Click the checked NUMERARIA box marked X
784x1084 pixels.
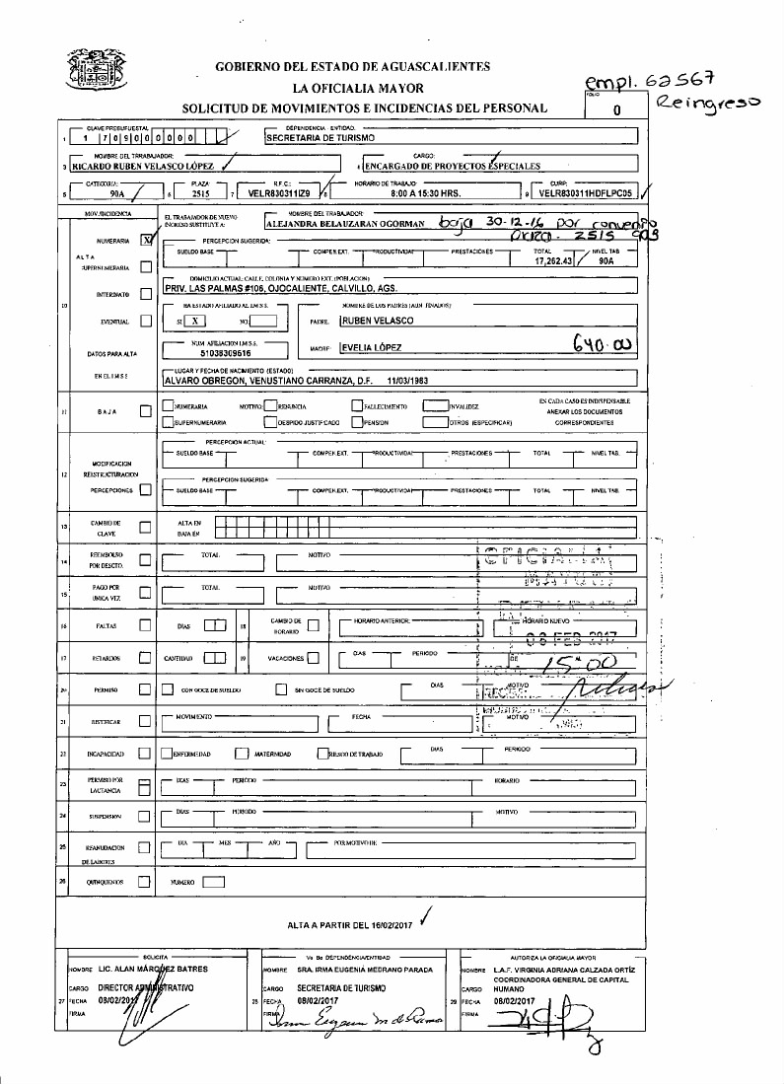pos(147,239)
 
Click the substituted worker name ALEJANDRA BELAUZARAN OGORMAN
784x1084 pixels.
pos(345,223)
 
